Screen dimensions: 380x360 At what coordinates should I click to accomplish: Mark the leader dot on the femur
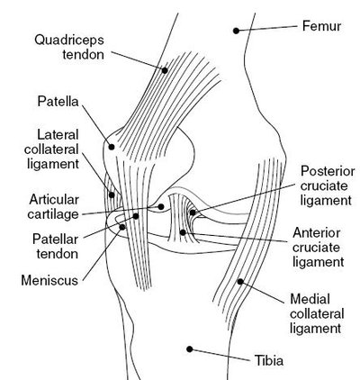(236, 31)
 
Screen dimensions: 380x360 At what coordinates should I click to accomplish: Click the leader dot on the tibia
(188, 348)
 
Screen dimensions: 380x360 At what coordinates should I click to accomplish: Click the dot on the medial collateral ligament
(239, 282)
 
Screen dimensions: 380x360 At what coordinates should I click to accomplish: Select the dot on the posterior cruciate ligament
(190, 213)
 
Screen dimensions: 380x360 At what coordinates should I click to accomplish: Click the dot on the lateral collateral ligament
(112, 191)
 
